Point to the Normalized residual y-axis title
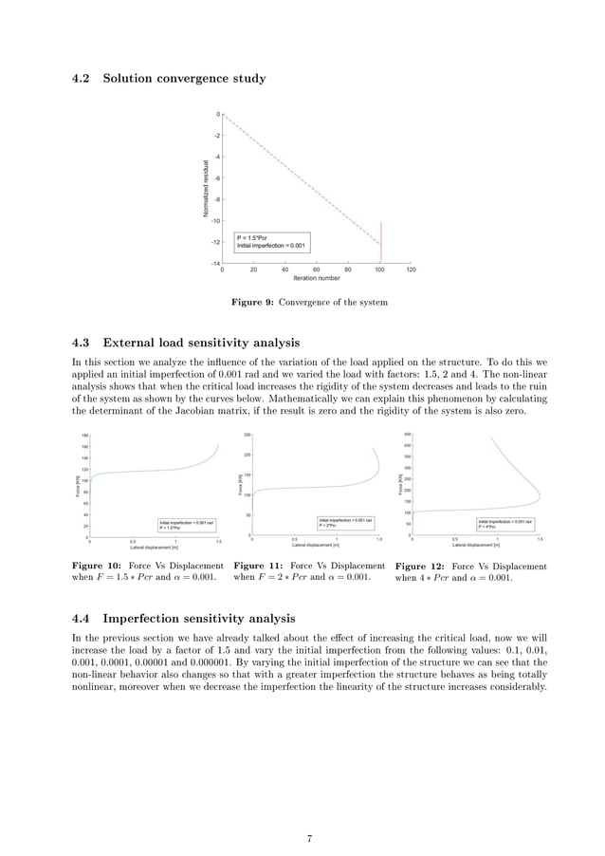point(206,189)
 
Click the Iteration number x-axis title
point(316,279)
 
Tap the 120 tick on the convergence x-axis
point(410,270)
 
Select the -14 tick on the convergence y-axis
point(215,263)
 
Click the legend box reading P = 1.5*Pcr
point(270,242)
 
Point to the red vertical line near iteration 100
point(381,242)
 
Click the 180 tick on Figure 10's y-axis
point(83,436)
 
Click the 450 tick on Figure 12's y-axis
point(406,436)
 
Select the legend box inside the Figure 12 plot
point(504,524)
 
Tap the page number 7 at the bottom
point(309,812)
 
